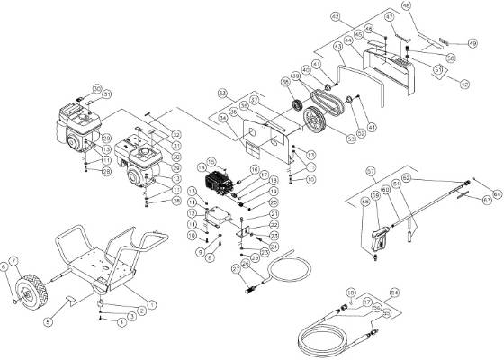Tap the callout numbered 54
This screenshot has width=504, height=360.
click(x=392, y=293)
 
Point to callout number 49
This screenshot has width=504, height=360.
click(x=471, y=42)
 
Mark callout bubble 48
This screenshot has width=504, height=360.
click(x=430, y=7)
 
